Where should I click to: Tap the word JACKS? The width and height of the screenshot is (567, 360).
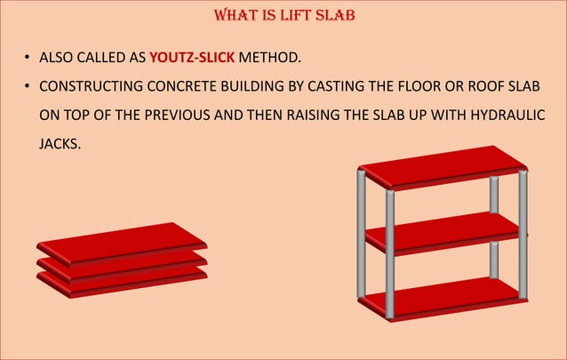60,142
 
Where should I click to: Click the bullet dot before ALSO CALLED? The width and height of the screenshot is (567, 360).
28,59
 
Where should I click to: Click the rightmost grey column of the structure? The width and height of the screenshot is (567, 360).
523,236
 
